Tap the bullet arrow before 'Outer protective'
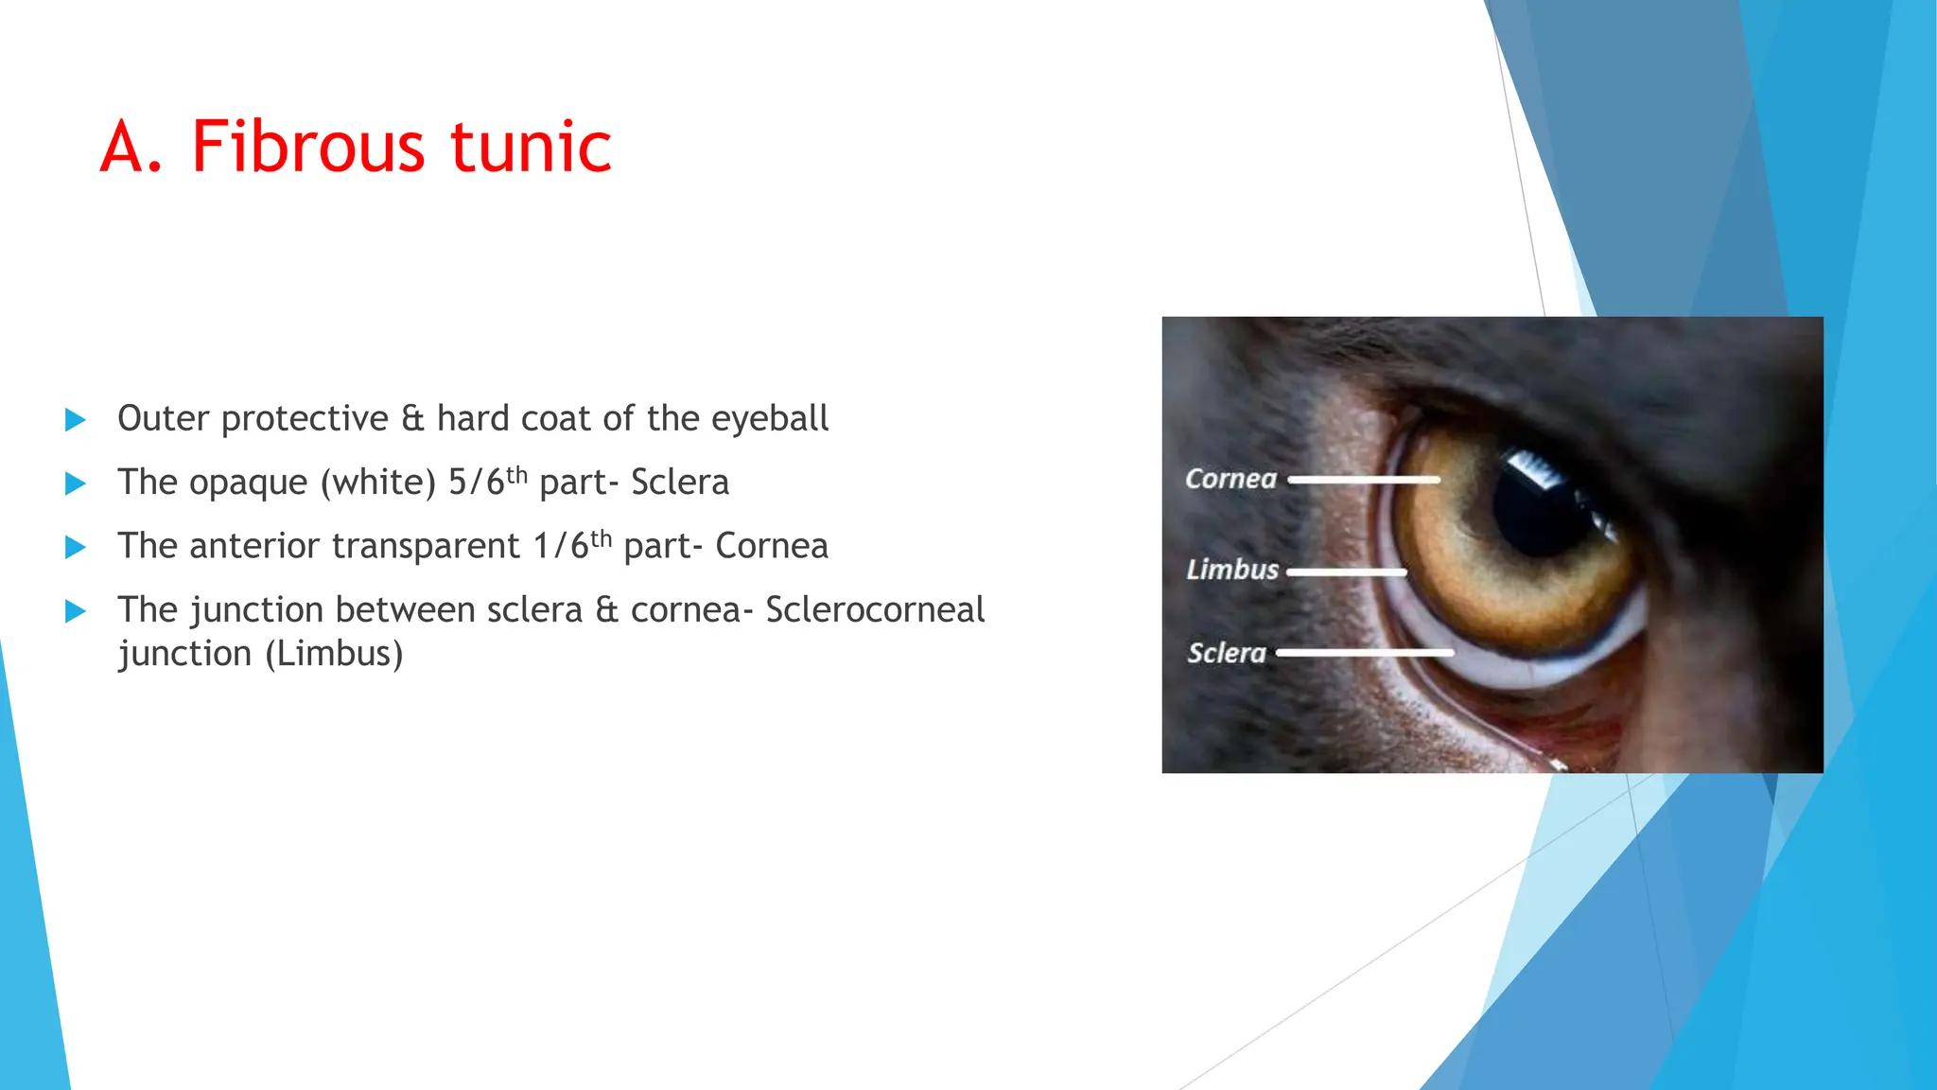click(75, 420)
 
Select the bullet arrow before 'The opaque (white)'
click(75, 483)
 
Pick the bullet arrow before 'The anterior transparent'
click(75, 547)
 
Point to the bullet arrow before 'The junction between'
click(75, 611)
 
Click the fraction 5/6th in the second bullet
click(486, 482)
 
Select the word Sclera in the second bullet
click(680, 483)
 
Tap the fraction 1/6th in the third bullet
click(571, 546)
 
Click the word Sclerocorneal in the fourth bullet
click(875, 610)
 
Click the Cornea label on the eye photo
click(1230, 479)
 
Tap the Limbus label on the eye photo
click(1232, 570)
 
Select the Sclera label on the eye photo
click(1227, 653)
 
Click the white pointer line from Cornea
click(1363, 480)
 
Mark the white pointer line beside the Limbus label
click(1347, 572)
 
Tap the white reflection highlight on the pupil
click(1529, 467)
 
